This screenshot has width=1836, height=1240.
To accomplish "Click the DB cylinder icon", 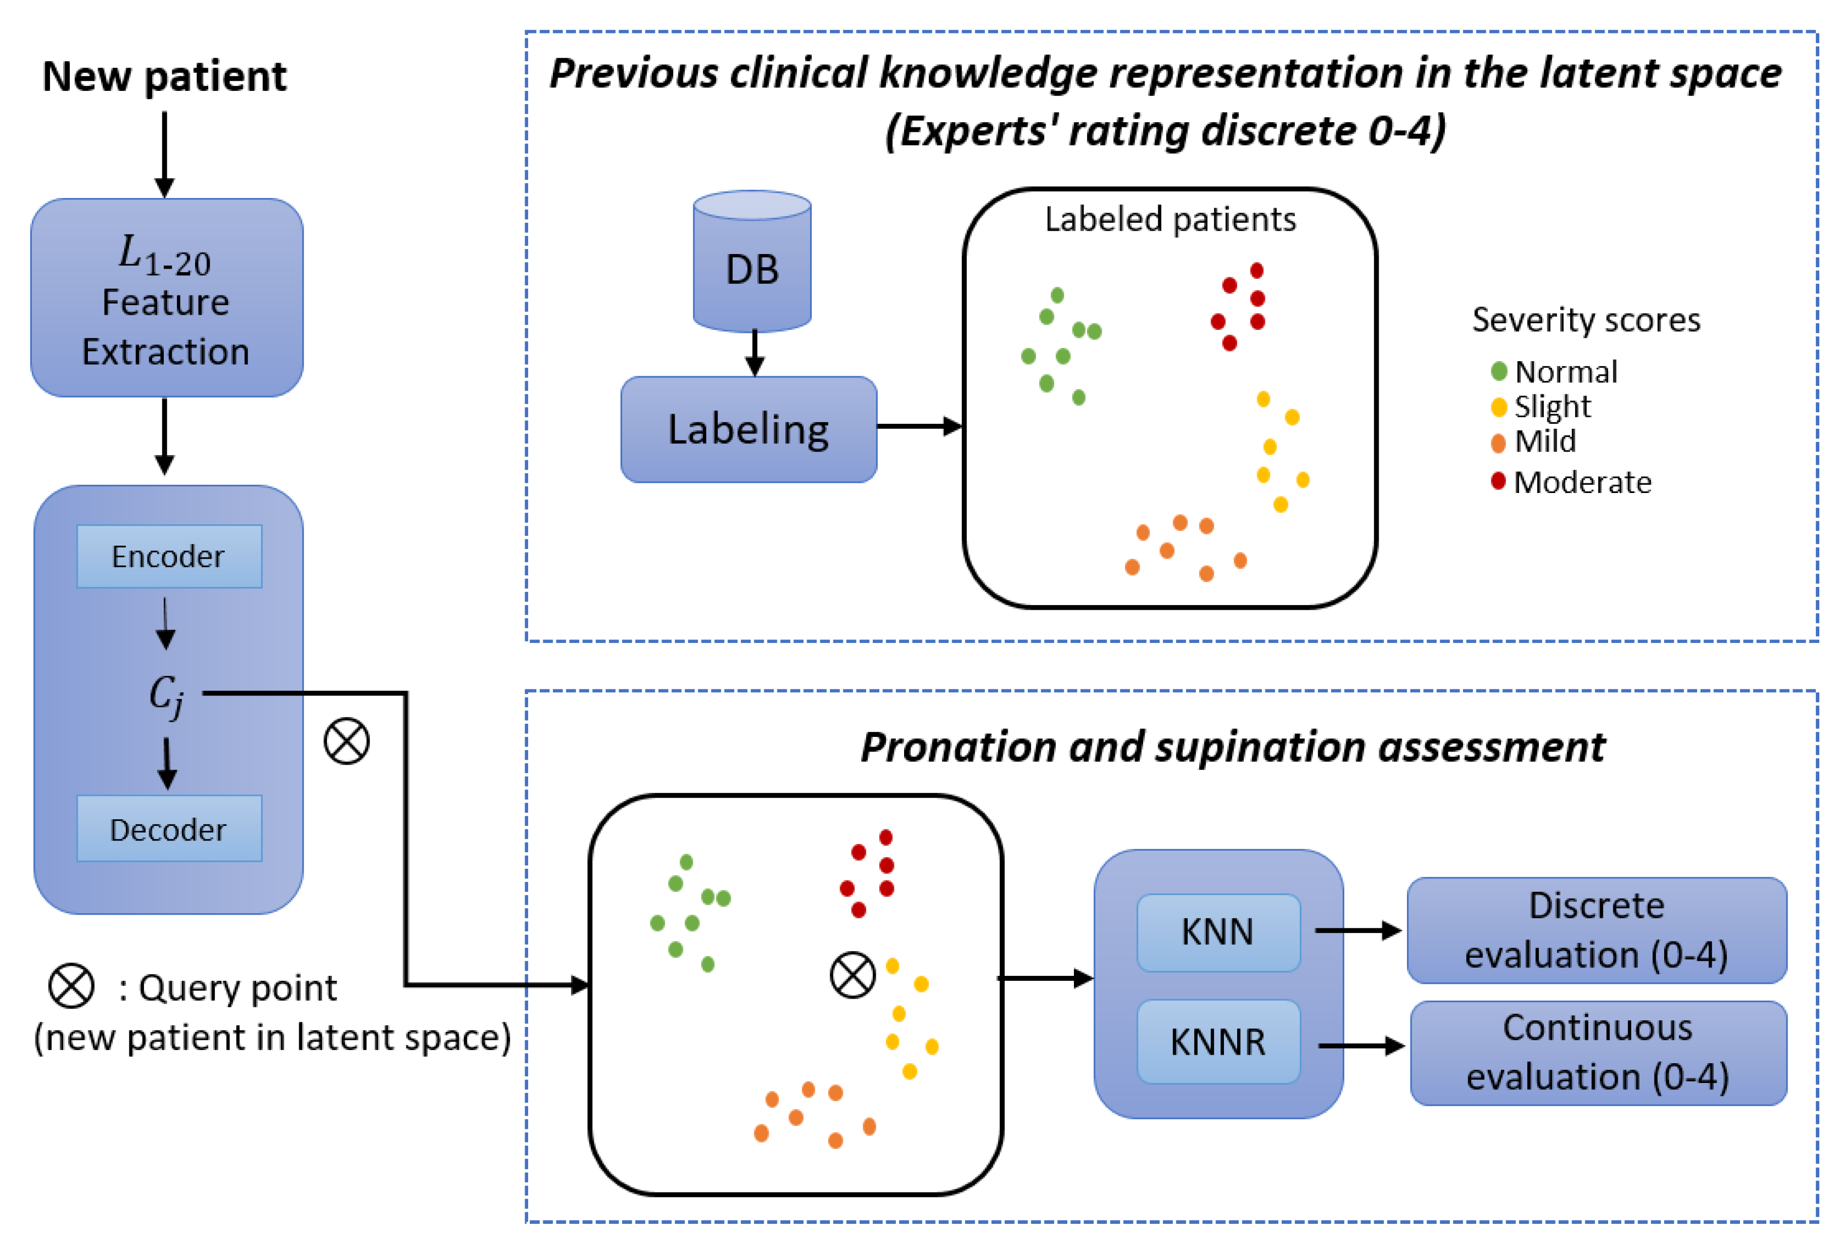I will coord(751,261).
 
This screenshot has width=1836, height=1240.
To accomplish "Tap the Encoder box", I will coord(169,556).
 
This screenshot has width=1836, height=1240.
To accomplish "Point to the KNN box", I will coord(1217,932).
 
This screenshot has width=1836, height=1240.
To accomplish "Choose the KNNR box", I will coord(1217,1041).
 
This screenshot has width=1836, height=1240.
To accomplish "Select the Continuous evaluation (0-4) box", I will coord(1597,1053).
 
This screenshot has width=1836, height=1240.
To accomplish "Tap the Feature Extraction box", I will coord(166,298).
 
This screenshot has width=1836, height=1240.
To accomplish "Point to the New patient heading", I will coord(164,77).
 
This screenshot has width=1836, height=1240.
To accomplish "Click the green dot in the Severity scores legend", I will coord(1498,371).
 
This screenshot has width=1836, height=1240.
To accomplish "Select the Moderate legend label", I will coord(1582,482).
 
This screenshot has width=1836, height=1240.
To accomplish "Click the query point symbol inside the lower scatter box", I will coord(853,975).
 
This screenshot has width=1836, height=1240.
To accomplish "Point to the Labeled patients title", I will coord(1170,219).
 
